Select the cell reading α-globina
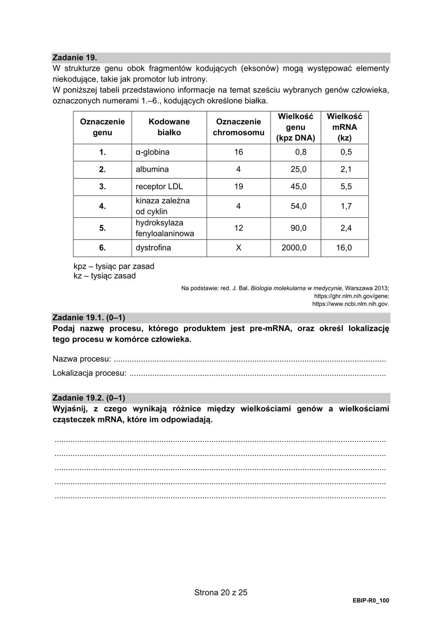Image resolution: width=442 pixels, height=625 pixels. coord(152,152)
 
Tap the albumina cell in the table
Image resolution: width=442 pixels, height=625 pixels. coord(152,169)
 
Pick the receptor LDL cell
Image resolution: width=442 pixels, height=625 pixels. coord(159,187)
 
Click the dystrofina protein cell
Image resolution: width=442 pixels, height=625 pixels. coord(153,248)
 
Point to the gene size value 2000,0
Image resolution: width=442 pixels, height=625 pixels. coord(295,248)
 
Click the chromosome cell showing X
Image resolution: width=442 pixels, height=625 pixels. coord(238,248)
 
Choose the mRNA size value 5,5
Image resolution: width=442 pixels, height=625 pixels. coord(346,187)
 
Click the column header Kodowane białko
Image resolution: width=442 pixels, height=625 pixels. coord(169,127)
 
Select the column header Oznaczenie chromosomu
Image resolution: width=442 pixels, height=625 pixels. coord(238,127)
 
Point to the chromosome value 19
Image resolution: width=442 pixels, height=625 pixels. coord(238,187)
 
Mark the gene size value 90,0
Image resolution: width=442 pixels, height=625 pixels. coord(298,228)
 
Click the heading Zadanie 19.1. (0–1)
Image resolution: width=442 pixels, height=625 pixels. coord(89,318)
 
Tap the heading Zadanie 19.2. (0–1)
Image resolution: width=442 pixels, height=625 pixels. coord(89,398)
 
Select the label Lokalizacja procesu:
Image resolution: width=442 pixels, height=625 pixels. coord(89,373)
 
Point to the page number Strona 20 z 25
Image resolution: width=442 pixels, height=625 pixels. coord(221,592)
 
